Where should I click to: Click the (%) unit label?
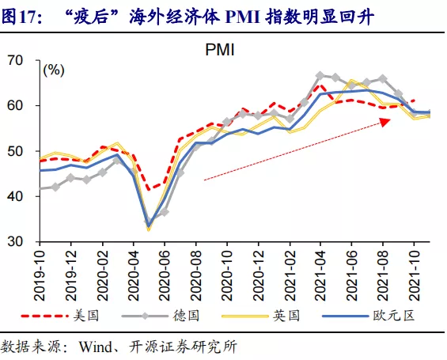(x=54, y=70)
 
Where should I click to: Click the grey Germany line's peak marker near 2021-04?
(x=320, y=76)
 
